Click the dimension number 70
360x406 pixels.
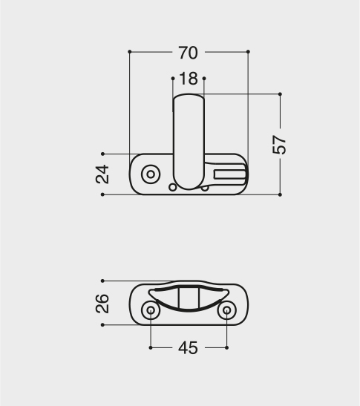pos(189,53)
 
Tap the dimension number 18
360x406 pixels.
pos(189,79)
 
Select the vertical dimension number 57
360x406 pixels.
pos(279,145)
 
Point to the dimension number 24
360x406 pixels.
pos(102,174)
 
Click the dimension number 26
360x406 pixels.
pos(102,304)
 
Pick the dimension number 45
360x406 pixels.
pos(189,348)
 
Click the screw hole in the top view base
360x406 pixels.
pos(151,174)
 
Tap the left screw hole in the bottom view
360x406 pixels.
pos(151,310)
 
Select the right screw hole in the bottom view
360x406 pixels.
pos(226,310)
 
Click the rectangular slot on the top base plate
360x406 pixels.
pos(229,174)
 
